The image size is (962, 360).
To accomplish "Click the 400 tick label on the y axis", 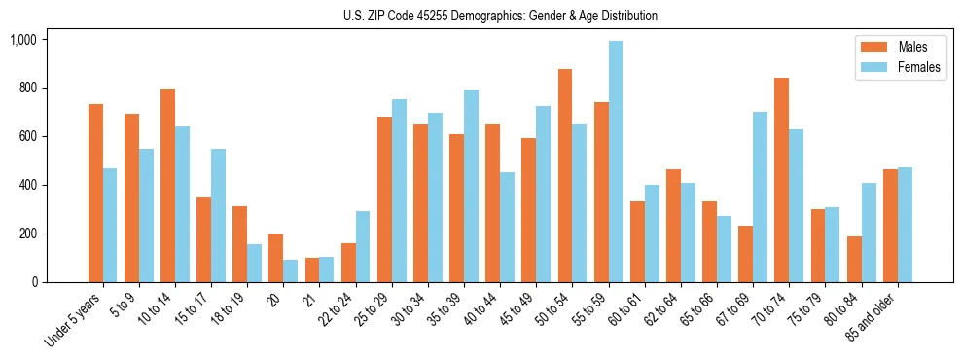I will pyautogui.click(x=27, y=185).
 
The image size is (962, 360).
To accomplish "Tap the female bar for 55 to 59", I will pyautogui.click(x=616, y=162).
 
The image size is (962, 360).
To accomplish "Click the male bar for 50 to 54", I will pyautogui.click(x=565, y=175).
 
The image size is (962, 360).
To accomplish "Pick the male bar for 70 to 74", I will pyautogui.click(x=781, y=180).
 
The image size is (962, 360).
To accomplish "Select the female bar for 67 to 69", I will pyautogui.click(x=760, y=197).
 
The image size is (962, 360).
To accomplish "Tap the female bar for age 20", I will pyautogui.click(x=291, y=270).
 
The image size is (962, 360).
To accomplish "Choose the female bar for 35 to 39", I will pyautogui.click(x=471, y=186).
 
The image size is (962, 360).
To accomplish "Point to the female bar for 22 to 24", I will pyautogui.click(x=363, y=246).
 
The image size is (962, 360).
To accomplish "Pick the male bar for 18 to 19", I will pyautogui.click(x=239, y=244).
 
